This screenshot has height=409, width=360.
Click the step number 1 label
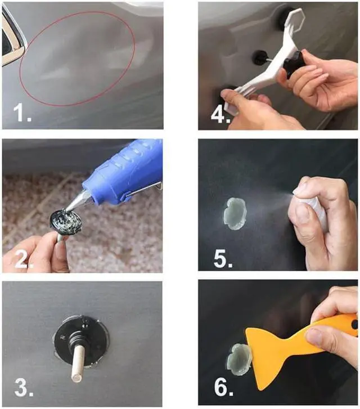(22, 113)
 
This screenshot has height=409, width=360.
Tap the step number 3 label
(24, 388)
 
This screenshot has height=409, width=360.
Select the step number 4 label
(220, 114)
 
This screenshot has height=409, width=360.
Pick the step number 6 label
(224, 387)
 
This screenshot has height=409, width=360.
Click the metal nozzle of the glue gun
(76, 200)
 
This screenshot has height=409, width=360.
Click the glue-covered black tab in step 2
(66, 222)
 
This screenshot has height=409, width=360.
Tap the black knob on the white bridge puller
(295, 64)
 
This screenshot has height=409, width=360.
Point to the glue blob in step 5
(235, 214)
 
